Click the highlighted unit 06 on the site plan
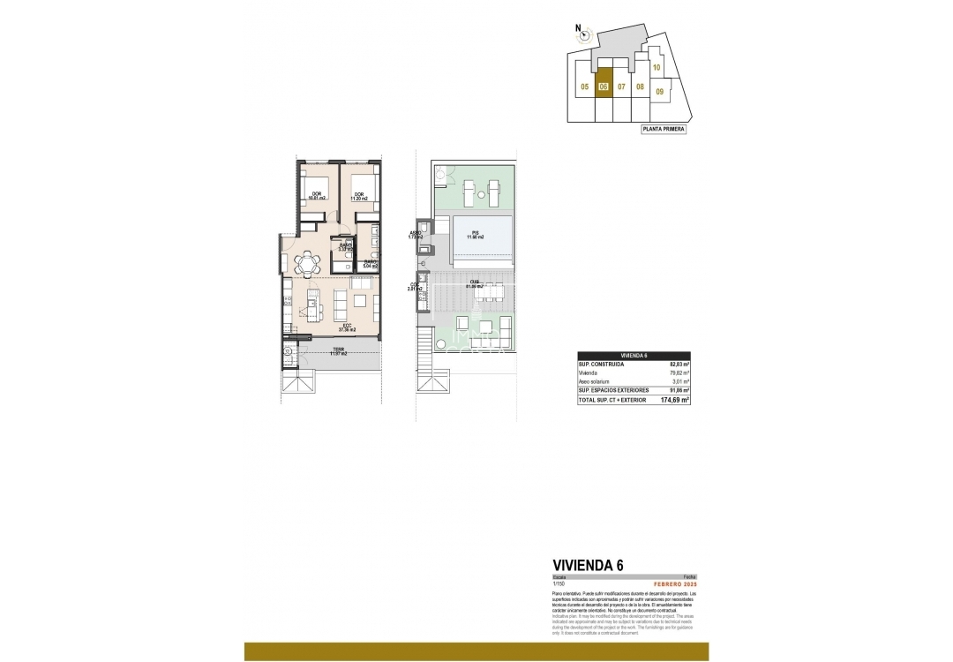(604, 86)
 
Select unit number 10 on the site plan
(657, 67)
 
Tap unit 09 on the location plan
(659, 90)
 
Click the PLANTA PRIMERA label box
(663, 129)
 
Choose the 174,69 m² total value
(675, 400)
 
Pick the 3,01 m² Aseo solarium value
(679, 381)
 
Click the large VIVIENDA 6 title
(588, 566)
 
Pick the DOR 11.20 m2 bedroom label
(359, 197)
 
